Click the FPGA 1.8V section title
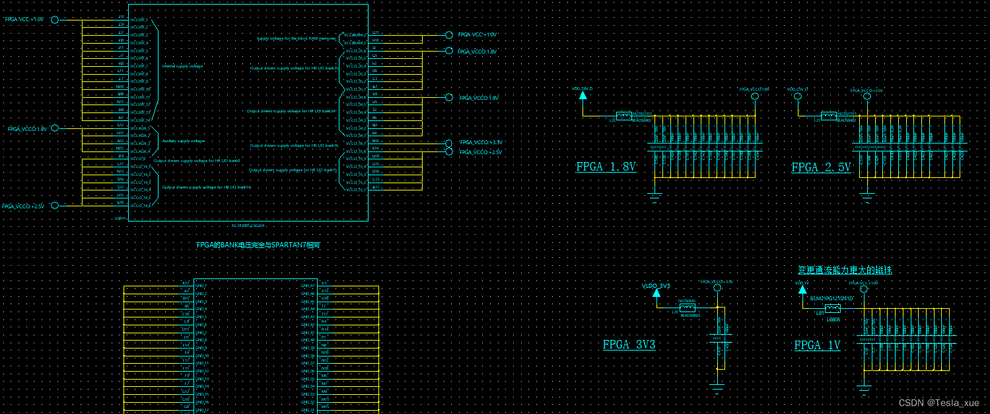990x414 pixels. click(606, 167)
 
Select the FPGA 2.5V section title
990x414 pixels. click(821, 168)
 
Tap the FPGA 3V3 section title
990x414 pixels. click(629, 345)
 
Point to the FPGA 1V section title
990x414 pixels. click(817, 345)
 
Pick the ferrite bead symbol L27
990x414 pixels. click(688, 308)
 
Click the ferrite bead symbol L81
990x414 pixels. click(832, 308)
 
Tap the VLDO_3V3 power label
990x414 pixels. click(656, 286)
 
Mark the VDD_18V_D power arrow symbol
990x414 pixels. click(583, 95)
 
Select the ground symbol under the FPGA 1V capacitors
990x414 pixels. click(864, 388)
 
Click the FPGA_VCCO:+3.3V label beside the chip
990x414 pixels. click(481, 142)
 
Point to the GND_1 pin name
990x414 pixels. click(201, 286)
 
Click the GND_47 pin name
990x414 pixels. click(307, 286)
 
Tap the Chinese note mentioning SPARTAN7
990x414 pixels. click(258, 245)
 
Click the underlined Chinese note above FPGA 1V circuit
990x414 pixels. click(845, 270)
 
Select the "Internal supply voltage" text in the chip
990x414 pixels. click(182, 66)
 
